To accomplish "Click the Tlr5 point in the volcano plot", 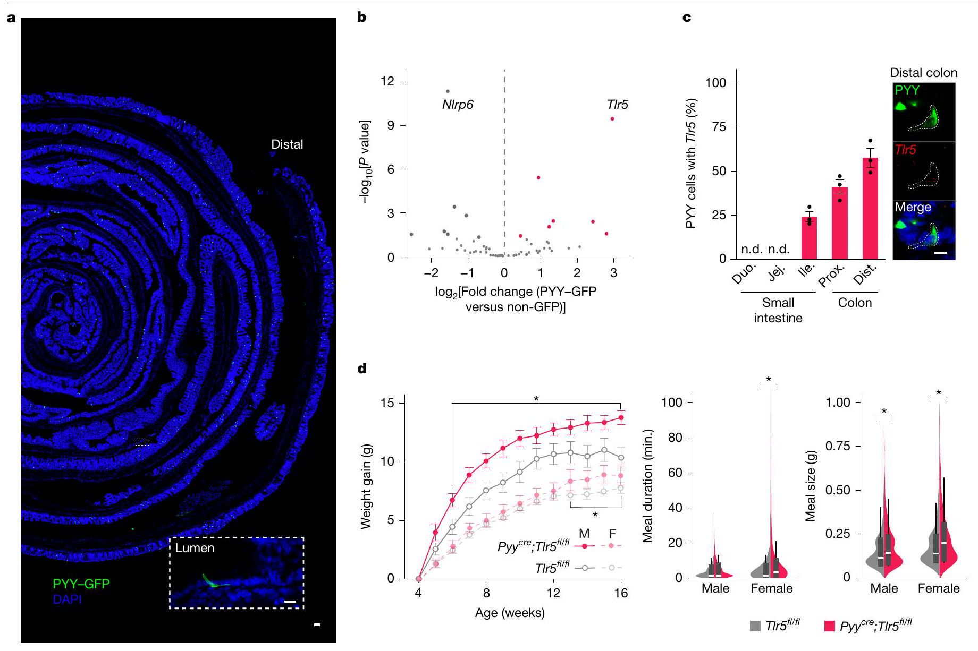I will (x=612, y=119).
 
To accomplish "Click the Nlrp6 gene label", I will (x=457, y=105).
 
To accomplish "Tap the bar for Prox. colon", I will (x=839, y=222).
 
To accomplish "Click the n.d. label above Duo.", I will (x=752, y=249).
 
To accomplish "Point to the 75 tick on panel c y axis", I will (x=720, y=127).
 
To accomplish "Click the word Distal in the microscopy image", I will (x=287, y=144).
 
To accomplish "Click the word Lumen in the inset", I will (x=195, y=548).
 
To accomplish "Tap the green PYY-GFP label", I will (x=81, y=584).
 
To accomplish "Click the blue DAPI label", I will (x=67, y=599).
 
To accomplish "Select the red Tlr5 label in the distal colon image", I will (x=905, y=150).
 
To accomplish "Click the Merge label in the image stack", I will (x=913, y=207).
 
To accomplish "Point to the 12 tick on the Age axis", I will (x=553, y=593).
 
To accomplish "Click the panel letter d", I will (x=362, y=369).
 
